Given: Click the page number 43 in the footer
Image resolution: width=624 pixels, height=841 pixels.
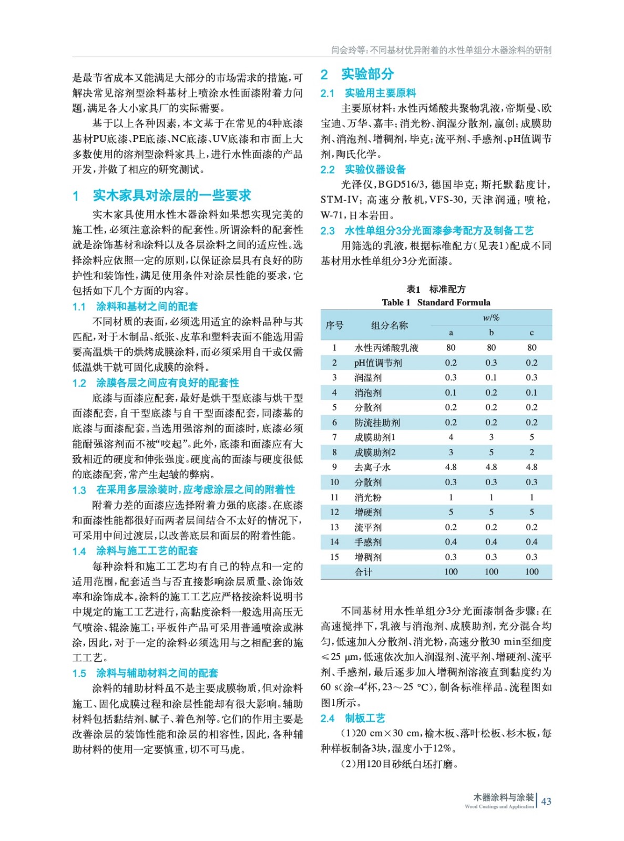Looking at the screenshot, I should [x=546, y=801].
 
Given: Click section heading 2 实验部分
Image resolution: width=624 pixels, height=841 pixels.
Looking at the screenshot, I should [x=357, y=74].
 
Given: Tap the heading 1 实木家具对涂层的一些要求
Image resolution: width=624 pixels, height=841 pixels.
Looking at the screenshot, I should [x=162, y=196].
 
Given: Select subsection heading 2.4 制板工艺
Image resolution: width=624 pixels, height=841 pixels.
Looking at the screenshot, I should [x=353, y=718].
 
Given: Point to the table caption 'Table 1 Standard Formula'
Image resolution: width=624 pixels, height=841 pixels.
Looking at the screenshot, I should [x=436, y=302].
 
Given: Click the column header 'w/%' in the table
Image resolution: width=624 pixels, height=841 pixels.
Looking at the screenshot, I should [x=491, y=317].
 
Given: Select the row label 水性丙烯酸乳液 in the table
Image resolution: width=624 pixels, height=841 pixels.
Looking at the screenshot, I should [x=386, y=347].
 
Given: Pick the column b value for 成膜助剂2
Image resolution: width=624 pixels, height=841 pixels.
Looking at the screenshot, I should [x=491, y=452].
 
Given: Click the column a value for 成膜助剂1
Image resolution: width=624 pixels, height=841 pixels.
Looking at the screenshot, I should [x=451, y=437].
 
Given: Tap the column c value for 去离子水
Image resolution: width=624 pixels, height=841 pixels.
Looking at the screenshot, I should [x=531, y=467].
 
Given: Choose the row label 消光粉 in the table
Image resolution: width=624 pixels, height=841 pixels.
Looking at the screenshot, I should [x=368, y=497].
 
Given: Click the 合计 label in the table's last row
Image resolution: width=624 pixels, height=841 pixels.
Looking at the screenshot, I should [x=363, y=572].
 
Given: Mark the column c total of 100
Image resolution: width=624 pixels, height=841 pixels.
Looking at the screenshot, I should [x=531, y=572].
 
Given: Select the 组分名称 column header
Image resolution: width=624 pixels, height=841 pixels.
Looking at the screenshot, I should [x=389, y=325].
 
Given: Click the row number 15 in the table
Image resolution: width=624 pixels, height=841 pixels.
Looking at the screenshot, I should [x=334, y=557].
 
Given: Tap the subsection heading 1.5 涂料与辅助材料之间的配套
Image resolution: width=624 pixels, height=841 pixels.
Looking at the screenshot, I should [x=145, y=673].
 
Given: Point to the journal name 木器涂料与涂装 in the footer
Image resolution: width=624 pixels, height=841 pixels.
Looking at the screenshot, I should [x=503, y=797].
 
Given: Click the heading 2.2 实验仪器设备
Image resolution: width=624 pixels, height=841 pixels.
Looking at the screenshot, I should [x=363, y=169].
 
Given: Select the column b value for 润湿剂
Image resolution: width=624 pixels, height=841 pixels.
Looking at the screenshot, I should [x=491, y=377].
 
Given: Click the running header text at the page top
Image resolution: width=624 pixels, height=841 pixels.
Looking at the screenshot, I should [x=441, y=50].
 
